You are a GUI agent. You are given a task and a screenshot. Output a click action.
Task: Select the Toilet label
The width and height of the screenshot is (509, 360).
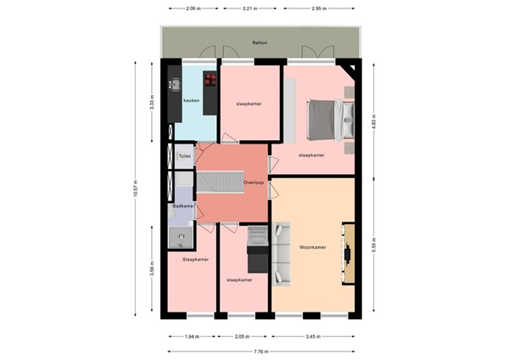tap(184, 157)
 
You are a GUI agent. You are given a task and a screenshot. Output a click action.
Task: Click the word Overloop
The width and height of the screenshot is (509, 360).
tap(254, 183)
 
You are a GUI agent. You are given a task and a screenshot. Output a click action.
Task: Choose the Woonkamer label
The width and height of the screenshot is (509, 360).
tap(313, 248)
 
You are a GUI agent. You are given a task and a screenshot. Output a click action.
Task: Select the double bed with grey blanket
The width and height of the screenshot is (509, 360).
tap(324, 120)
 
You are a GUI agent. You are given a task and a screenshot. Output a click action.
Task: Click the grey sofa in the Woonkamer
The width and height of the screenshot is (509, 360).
tap(282, 253)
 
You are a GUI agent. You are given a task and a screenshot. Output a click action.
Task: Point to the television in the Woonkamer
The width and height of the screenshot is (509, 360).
tap(349, 253)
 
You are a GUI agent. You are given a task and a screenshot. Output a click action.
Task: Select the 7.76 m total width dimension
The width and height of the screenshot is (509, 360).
tap(260, 350)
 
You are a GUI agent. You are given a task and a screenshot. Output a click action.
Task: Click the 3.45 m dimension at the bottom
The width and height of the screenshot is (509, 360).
tap(313, 337)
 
